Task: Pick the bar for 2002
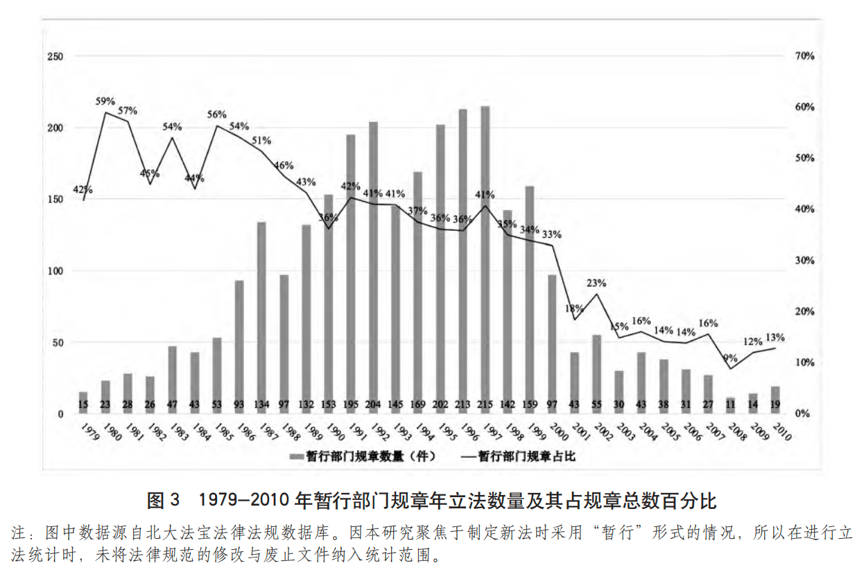(x=596, y=374)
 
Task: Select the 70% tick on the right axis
(x=804, y=56)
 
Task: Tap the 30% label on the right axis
(x=804, y=261)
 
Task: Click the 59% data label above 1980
(x=106, y=101)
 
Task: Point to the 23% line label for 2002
(x=596, y=283)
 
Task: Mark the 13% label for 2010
(x=775, y=338)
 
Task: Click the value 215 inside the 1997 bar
(x=485, y=405)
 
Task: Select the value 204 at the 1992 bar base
(x=374, y=405)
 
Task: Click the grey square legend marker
(x=295, y=456)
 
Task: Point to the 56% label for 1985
(x=217, y=115)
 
